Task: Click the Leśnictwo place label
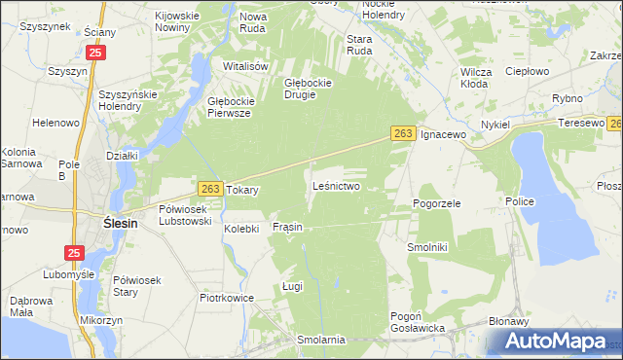coord(337,185)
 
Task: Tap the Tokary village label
coord(242,191)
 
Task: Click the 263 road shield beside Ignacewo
coord(406,133)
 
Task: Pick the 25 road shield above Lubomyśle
coord(75,253)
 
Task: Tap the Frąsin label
coord(287,227)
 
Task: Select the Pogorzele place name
coord(436,203)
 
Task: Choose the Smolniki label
coord(426,247)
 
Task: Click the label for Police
coord(518,200)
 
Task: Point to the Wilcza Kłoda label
coord(474,78)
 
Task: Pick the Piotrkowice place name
coord(226,298)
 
